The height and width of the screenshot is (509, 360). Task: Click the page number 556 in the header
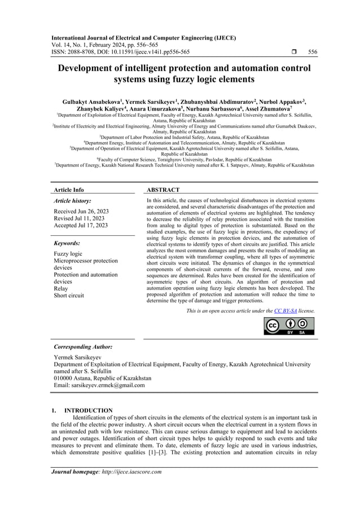pyautogui.click(x=313, y=52)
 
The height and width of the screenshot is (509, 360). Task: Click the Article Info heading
pyautogui.click(x=69, y=190)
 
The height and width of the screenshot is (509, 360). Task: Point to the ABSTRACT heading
pyautogui.click(x=163, y=190)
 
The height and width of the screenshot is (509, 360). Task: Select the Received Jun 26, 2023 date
pyautogui.click(x=80, y=211)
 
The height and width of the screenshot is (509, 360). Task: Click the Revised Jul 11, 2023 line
pyautogui.click(x=79, y=218)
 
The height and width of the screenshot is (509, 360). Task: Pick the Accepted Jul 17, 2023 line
pyautogui.click(x=81, y=226)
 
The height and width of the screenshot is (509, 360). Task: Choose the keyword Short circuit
pyautogui.click(x=69, y=295)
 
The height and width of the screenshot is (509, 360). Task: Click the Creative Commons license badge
pyautogui.click(x=289, y=326)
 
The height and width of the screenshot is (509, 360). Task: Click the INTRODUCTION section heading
pyautogui.click(x=89, y=410)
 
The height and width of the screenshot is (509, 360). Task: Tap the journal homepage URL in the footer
pyautogui.click(x=131, y=472)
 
